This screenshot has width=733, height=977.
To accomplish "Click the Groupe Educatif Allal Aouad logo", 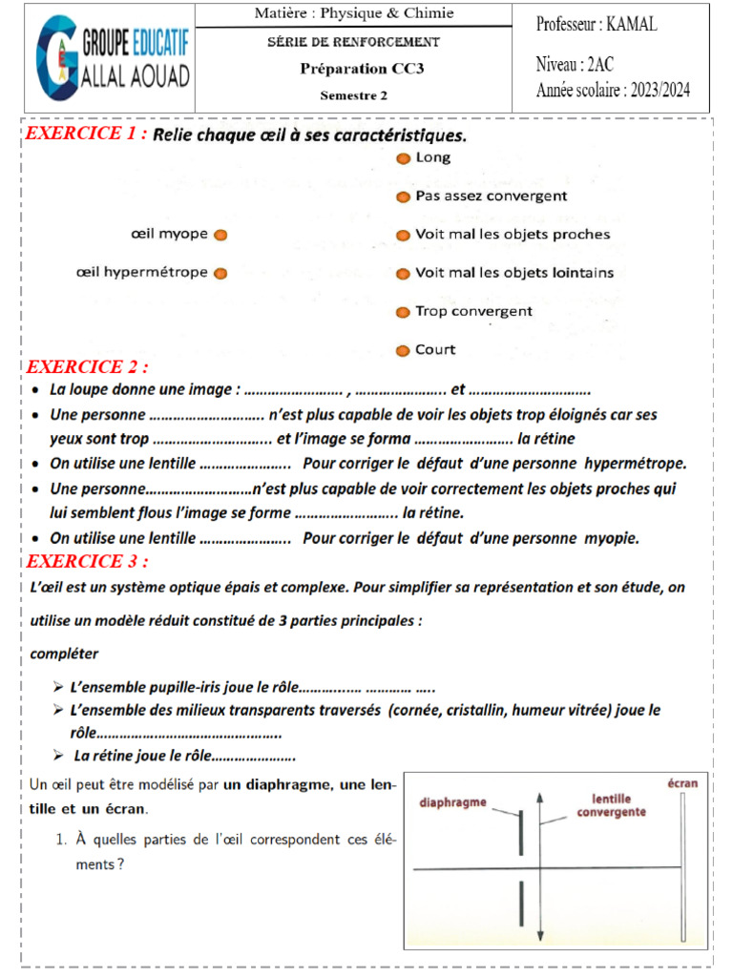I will click(x=113, y=58).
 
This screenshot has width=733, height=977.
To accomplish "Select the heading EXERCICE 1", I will click(x=86, y=134).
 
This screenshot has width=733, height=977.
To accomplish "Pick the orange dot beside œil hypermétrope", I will click(x=220, y=273).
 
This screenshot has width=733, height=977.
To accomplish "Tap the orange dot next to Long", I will click(x=404, y=158).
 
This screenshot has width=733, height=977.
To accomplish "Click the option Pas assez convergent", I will click(x=491, y=196).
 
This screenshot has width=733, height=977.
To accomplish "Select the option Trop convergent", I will click(x=473, y=311).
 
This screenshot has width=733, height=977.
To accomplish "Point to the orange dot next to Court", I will click(x=404, y=350).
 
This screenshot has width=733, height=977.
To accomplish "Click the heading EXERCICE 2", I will click(x=88, y=367).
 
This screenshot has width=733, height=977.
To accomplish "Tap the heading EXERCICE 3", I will click(x=88, y=561).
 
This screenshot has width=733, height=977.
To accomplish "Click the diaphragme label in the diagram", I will click(x=454, y=802).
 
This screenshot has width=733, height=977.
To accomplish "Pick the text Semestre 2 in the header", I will click(x=353, y=94).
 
